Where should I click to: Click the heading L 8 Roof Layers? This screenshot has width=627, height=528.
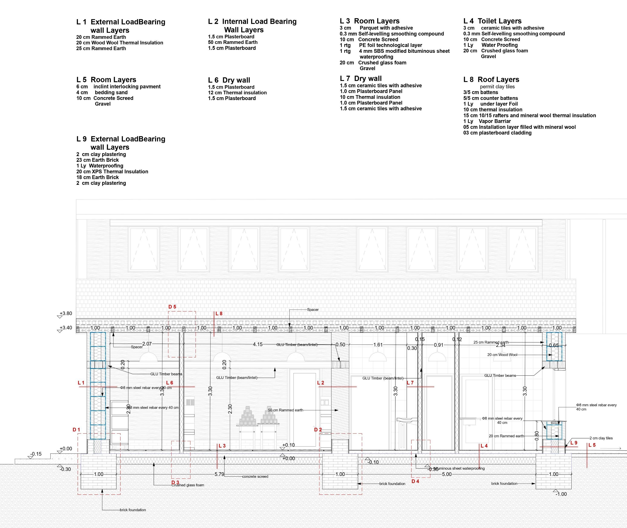coord(491,80)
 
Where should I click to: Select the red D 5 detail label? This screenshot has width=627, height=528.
coord(172,307)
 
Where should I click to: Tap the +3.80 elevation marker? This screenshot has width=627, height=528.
coord(66,313)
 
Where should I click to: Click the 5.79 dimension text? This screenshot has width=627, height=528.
coord(219,474)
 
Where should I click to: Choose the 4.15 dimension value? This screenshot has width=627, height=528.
coord(258,344)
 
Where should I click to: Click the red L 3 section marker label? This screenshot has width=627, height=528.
coord(222,446)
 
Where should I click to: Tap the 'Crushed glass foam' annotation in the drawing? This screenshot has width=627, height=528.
coord(188,485)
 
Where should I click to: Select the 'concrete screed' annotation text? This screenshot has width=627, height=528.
coord(255,476)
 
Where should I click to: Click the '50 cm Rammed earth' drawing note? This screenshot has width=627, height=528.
coord(285,410)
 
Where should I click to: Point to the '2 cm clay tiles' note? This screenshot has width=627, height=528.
coord(601,438)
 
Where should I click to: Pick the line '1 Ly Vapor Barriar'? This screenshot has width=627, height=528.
coord(487,121)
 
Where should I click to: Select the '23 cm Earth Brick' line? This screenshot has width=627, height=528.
coord(97,160)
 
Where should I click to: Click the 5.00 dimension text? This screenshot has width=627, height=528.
coord(447,474)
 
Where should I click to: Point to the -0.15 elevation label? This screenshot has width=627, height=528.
coord(36,454)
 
